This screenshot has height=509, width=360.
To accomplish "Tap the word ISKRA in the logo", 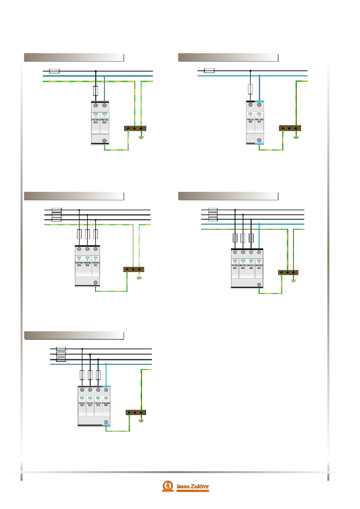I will click(x=183, y=486).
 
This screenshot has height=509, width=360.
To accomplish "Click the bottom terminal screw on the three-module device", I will click(x=96, y=283).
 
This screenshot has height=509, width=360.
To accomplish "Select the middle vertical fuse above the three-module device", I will click(x=87, y=234).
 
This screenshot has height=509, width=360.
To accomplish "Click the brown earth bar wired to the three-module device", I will click(x=133, y=270).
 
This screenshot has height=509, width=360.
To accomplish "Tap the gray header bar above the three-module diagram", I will click(x=74, y=196).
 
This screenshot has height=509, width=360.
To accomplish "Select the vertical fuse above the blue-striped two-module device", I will click(x=250, y=89).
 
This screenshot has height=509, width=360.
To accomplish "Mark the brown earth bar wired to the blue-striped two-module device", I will click(x=290, y=129).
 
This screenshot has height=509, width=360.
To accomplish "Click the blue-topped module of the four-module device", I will click(x=106, y=403).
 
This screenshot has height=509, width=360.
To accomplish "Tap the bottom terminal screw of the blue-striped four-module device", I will click(x=106, y=422).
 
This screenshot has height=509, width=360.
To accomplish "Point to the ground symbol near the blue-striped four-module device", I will click(x=141, y=421).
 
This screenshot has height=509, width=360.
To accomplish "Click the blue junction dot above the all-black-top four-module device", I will click(x=259, y=224).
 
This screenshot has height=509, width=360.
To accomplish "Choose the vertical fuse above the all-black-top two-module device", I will click(x=96, y=91).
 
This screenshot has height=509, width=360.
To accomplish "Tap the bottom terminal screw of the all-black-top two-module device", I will click(x=104, y=141).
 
